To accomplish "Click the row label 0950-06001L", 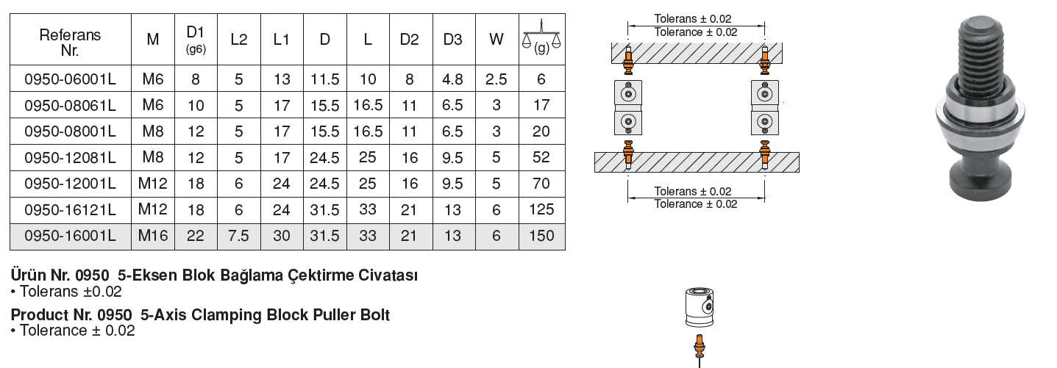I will [70, 79].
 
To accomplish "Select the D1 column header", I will [195, 38].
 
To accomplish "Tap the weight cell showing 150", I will [541, 236].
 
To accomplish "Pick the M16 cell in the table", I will [153, 236].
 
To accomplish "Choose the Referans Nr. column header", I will [70, 41].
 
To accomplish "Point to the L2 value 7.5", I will [238, 236].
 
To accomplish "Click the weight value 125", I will [541, 209].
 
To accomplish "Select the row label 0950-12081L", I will [70, 157].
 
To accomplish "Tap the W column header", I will [497, 40].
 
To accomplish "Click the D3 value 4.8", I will [452, 79].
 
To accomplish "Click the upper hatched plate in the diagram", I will [695, 53].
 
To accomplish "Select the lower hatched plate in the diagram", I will [695, 162].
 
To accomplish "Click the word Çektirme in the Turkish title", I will [321, 276].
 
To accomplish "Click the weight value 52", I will [541, 157].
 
